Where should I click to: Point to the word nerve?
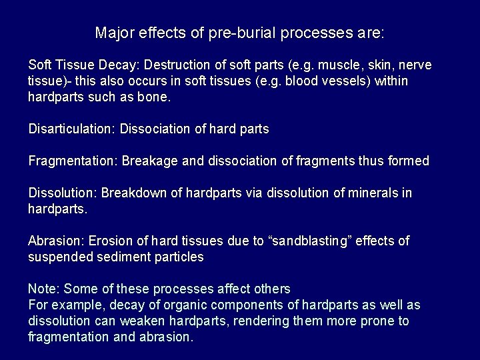pyautogui.click(x=415, y=65)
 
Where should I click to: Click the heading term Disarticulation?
pyautogui.click(x=72, y=129)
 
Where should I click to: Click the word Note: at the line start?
pyautogui.click(x=43, y=289)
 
